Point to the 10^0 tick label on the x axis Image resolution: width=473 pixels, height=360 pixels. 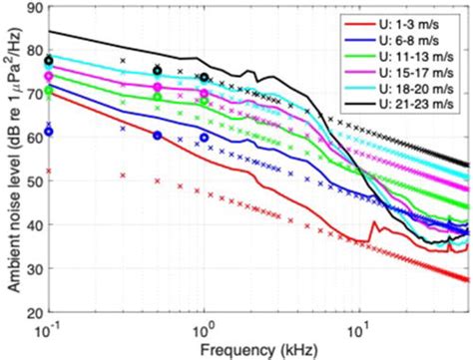(x=204, y=330)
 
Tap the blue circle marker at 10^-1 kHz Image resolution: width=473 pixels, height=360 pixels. (x=49, y=132)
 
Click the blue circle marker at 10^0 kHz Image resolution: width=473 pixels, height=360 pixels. (x=204, y=138)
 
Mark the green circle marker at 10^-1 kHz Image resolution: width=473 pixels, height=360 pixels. (x=49, y=92)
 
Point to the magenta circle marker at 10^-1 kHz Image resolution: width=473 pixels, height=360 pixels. (x=49, y=76)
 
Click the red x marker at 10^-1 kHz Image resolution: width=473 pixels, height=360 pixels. (x=49, y=172)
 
